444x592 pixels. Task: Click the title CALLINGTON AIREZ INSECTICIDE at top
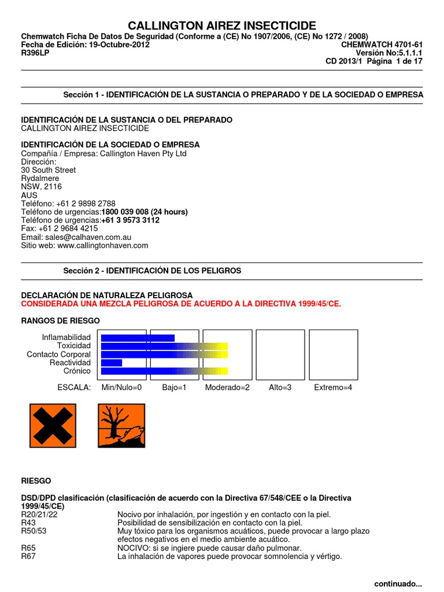pos(222,25)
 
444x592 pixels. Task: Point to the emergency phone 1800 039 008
pos(145,212)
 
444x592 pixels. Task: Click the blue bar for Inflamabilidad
pos(138,338)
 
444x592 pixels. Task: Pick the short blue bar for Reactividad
pos(112,362)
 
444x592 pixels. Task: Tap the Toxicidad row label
pos(75,346)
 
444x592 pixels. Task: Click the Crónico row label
pos(77,371)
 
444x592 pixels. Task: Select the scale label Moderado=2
pos(227,387)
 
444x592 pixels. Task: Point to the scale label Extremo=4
pos(332,387)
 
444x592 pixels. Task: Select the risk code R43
pos(28,523)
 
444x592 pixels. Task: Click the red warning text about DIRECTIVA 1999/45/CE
pos(181,304)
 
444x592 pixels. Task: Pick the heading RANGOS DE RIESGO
pos(60,320)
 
